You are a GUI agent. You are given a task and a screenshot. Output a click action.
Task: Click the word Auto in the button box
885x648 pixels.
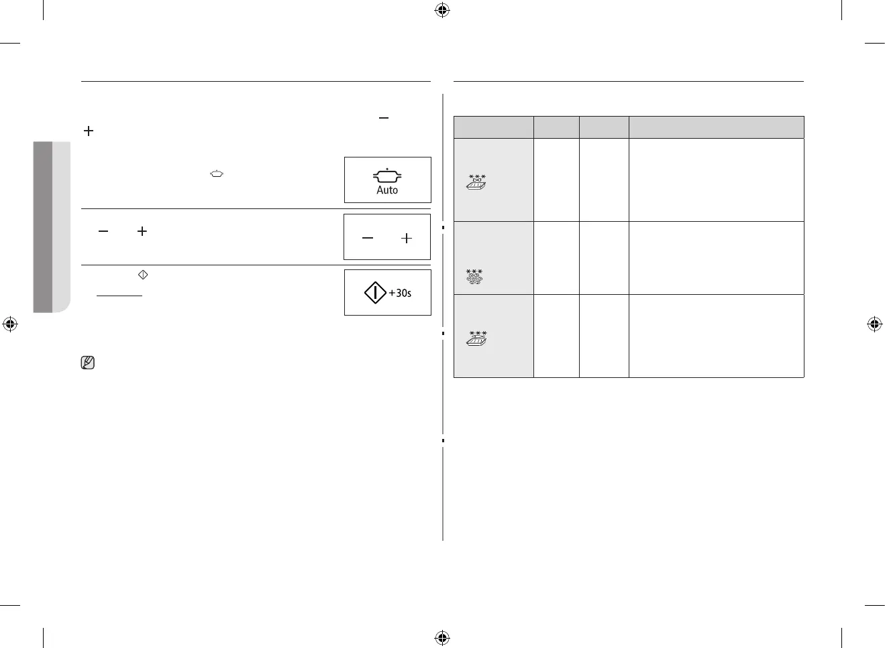point(387,190)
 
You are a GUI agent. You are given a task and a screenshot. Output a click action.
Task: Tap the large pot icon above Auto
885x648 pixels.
point(387,176)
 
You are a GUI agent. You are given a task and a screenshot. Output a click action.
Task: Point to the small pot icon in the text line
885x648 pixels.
point(217,174)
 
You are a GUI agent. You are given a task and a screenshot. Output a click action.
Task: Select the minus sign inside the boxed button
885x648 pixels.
point(368,238)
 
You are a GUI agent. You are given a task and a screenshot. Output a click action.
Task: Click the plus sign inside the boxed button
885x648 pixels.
point(407,238)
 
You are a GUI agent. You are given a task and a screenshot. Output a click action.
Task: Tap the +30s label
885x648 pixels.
point(401,293)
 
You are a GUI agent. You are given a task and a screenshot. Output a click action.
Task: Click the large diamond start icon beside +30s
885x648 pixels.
point(374,293)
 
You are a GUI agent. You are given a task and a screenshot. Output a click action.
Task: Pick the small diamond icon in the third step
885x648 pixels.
point(142,275)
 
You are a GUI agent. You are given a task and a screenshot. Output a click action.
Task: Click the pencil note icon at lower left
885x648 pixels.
point(87,363)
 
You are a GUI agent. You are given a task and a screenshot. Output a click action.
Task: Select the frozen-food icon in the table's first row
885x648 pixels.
point(476,182)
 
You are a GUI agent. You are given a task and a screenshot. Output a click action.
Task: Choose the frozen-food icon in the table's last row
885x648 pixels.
point(476,338)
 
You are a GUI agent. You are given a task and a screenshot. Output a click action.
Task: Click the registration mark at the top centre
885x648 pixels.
point(442,10)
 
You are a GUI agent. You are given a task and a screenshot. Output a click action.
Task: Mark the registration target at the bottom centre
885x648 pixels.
point(442,637)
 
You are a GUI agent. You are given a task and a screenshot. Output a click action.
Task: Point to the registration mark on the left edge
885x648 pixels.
point(10,324)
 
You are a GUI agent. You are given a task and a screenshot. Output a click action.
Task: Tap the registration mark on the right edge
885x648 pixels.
point(874,324)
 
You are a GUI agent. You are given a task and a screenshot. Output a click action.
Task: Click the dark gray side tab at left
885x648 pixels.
point(43,226)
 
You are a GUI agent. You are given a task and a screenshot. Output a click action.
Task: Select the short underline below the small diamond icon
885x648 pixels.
point(119,296)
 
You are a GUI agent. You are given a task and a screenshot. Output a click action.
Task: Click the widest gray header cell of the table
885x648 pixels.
point(716,127)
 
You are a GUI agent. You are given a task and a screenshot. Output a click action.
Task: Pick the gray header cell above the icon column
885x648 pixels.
point(494,127)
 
